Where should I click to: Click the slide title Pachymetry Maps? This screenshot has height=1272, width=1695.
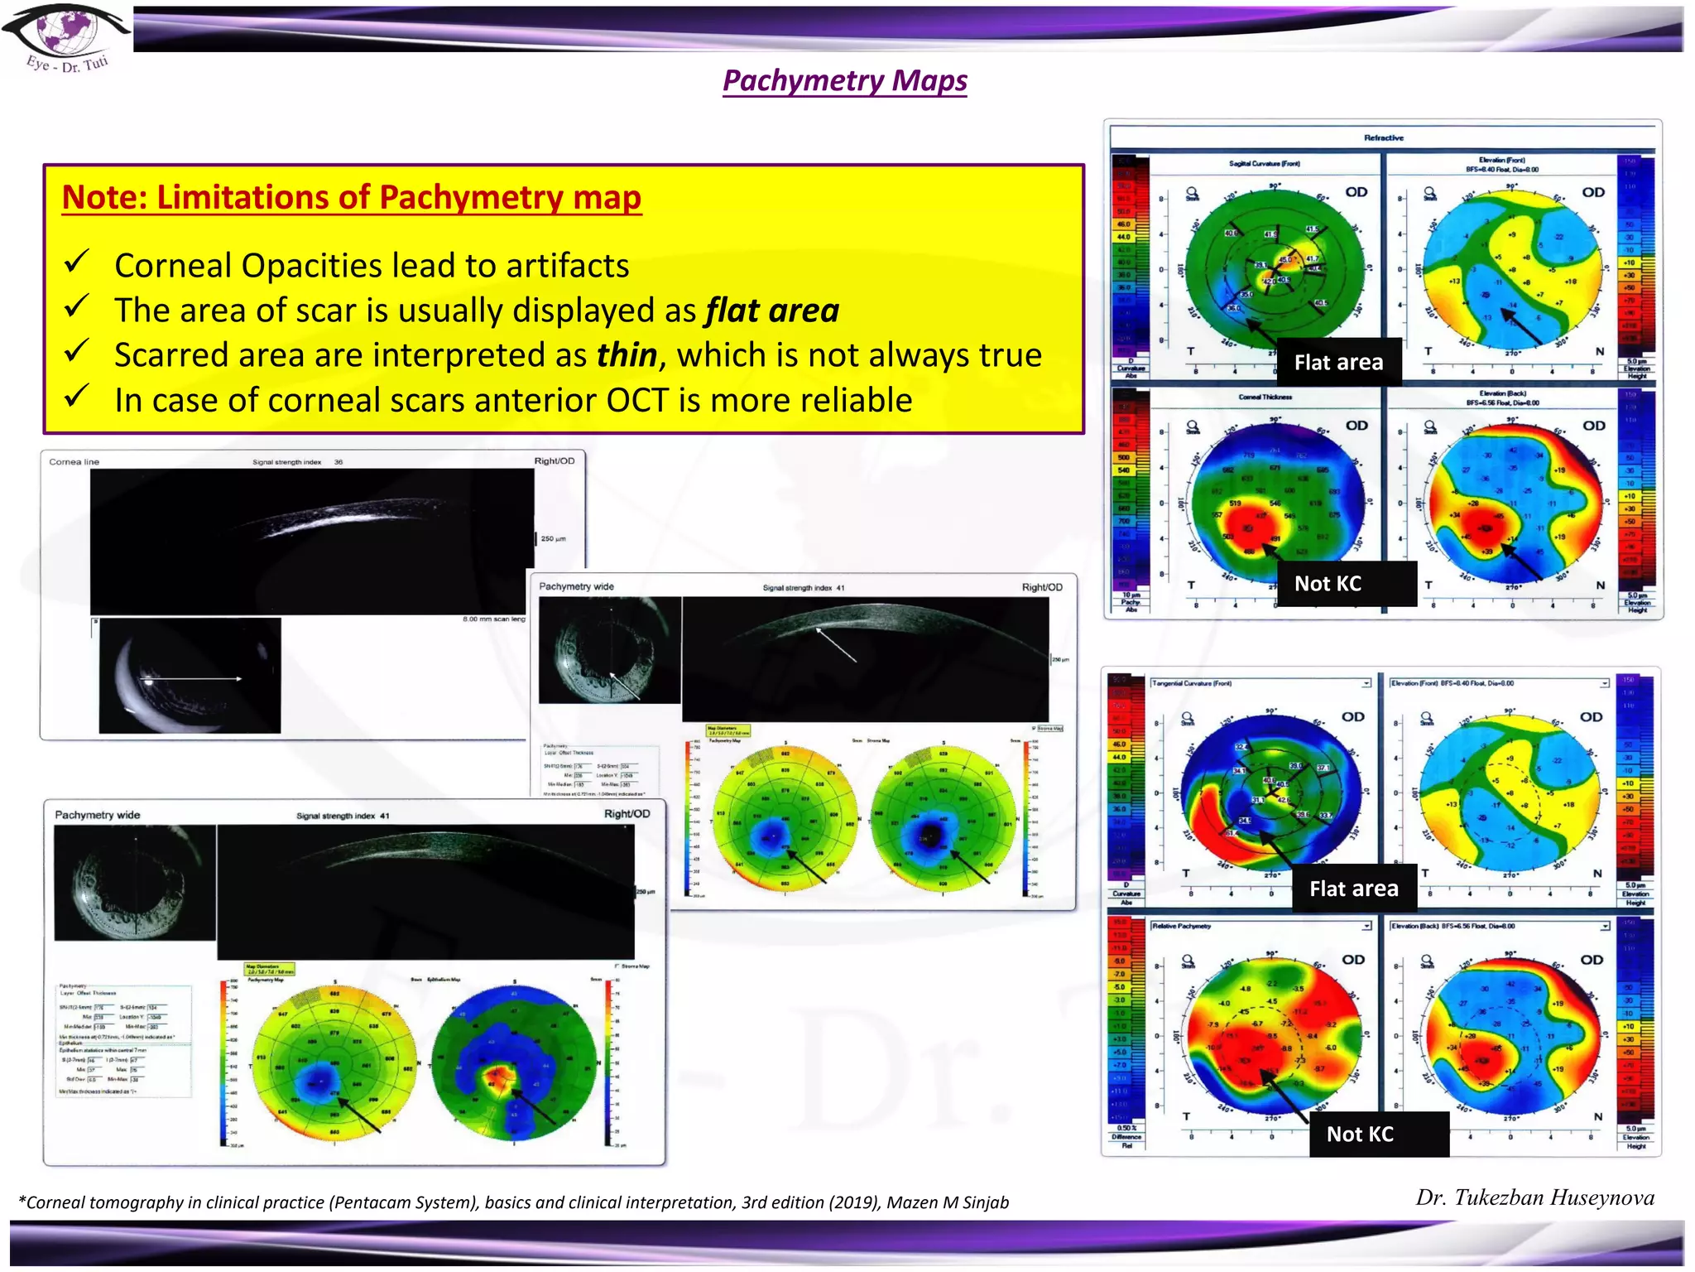(844, 80)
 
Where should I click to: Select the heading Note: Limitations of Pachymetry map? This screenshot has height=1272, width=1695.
(352, 197)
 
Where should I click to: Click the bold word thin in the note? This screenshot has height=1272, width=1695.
(627, 355)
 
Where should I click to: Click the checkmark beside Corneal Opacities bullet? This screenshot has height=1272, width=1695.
(76, 263)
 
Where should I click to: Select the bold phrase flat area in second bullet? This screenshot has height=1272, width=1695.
(771, 311)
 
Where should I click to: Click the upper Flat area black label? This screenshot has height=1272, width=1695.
(1338, 362)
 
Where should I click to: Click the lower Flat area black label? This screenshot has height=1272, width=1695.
(1353, 889)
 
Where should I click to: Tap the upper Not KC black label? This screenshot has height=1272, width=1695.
(1328, 584)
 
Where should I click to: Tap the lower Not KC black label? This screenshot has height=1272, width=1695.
(1360, 1135)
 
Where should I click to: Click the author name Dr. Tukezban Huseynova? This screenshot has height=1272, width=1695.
(1534, 1197)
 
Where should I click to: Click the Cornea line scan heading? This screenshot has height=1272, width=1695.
(74, 462)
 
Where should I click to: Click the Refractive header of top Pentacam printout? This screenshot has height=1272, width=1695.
(1383, 137)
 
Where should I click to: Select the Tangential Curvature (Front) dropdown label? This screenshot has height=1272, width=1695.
(1192, 683)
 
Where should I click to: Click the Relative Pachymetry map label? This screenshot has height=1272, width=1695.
(1181, 926)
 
